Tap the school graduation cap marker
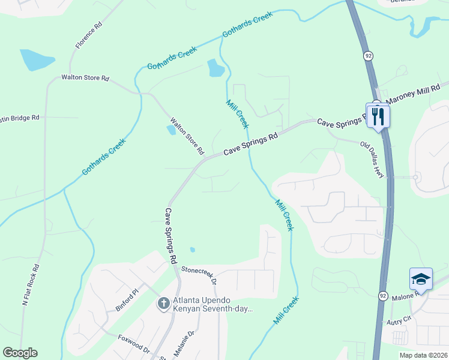tap(421, 279)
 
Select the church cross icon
tap(163, 304)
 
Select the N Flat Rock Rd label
tap(31, 286)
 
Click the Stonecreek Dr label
tap(199, 276)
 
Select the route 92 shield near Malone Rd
tap(382, 296)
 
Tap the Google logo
tap(20, 353)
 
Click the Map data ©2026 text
tap(423, 355)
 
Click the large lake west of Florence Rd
tap(37, 60)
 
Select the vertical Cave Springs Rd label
tap(170, 236)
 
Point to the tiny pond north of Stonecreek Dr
tap(192, 250)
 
